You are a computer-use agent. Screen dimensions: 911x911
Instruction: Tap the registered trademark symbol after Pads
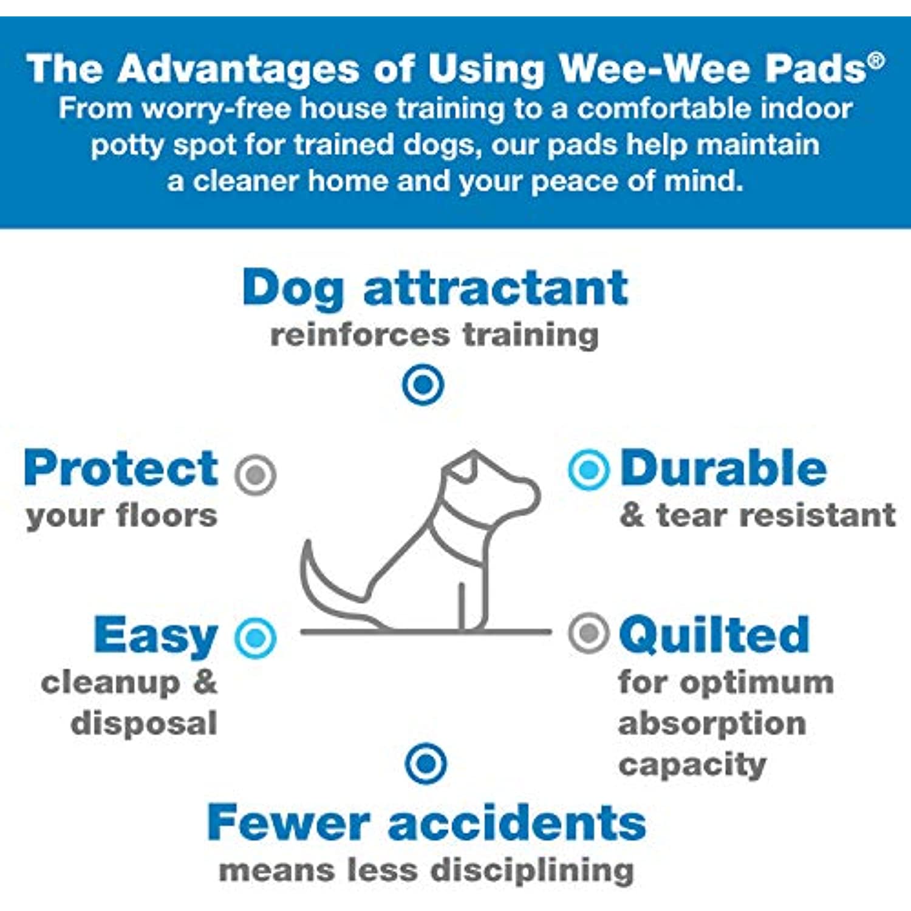click(x=876, y=61)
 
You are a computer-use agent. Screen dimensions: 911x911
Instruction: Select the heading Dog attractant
click(x=435, y=289)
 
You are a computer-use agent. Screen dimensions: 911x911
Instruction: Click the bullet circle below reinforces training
click(x=423, y=384)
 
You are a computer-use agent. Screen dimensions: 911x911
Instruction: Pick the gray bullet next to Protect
click(x=256, y=474)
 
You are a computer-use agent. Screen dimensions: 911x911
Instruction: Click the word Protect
click(x=121, y=468)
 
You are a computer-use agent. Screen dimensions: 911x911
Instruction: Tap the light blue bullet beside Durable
click(x=589, y=469)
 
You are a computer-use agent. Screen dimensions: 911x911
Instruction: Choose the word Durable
click(x=723, y=468)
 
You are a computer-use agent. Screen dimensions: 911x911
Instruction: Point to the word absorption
click(x=712, y=724)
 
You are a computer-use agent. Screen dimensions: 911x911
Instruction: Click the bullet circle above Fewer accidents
click(x=426, y=763)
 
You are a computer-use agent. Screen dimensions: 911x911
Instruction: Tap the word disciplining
click(x=533, y=870)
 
